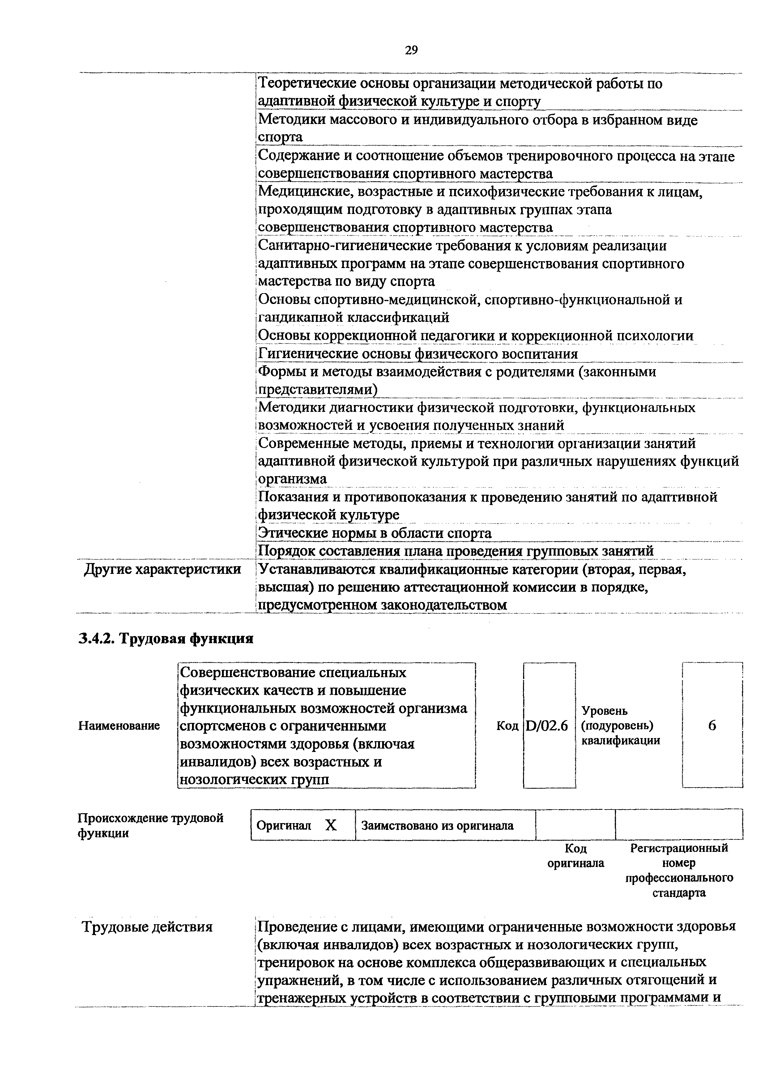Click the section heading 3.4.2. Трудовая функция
(x=166, y=639)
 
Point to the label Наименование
(x=119, y=725)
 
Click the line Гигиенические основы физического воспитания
(x=418, y=354)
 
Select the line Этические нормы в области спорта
(x=375, y=533)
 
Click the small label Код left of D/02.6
(x=507, y=726)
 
